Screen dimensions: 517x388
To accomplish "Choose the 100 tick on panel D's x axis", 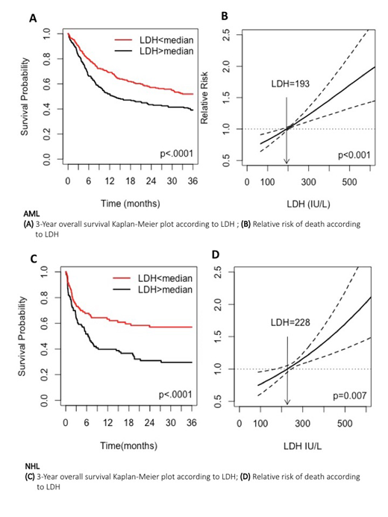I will coord(260,423).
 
